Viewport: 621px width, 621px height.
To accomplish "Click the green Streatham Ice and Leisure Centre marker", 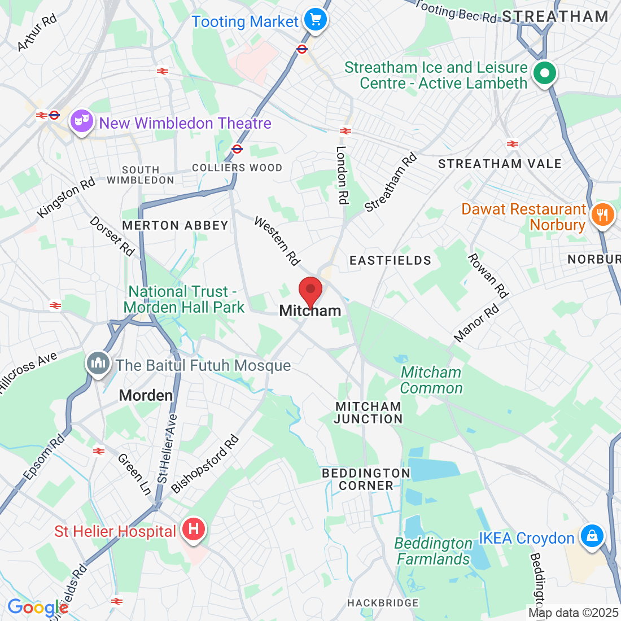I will pyautogui.click(x=545, y=73).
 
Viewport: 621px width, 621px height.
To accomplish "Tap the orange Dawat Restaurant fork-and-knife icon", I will pyautogui.click(x=602, y=215).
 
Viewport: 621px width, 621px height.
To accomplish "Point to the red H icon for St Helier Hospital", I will pyautogui.click(x=193, y=530).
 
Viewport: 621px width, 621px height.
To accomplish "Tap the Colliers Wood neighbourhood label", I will pyautogui.click(x=237, y=168).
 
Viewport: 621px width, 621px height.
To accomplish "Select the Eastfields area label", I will pyautogui.click(x=390, y=260).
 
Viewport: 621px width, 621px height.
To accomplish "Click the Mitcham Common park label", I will pyautogui.click(x=431, y=380).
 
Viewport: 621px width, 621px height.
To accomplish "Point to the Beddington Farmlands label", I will pyautogui.click(x=433, y=551).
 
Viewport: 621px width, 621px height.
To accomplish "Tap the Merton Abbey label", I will pyautogui.click(x=175, y=225).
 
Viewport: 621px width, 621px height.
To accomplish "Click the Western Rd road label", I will pyautogui.click(x=277, y=240).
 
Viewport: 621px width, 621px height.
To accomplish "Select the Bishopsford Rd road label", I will pyautogui.click(x=205, y=464).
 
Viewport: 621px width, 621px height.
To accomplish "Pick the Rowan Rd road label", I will pyautogui.click(x=488, y=275).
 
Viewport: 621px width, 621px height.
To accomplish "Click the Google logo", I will pyautogui.click(x=37, y=608).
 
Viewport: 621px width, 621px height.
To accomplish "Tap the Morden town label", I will pyautogui.click(x=146, y=395).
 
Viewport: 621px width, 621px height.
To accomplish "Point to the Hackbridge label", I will pyautogui.click(x=383, y=603).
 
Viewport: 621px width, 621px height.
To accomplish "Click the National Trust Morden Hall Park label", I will pyautogui.click(x=184, y=299).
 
